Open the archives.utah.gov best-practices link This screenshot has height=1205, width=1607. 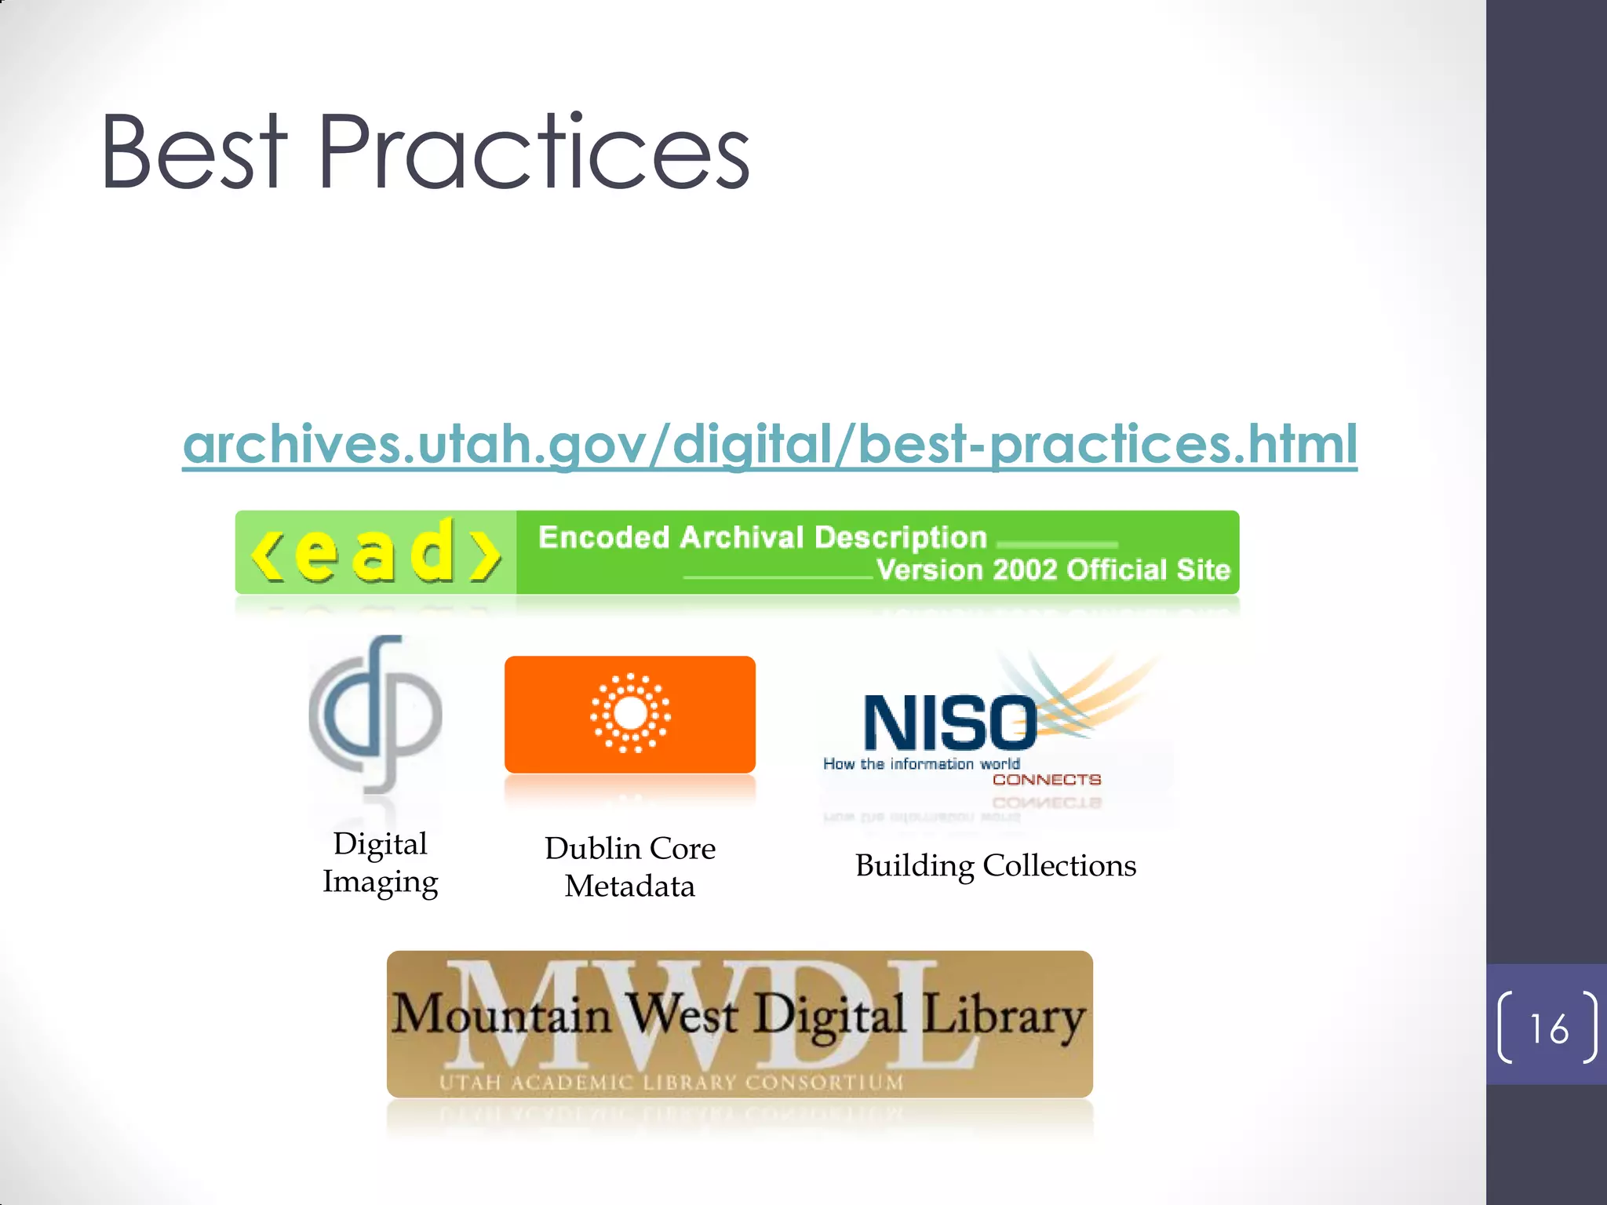770,444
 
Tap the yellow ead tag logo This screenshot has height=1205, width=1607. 376,552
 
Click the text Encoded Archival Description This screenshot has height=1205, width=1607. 762,537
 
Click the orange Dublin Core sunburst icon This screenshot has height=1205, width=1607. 630,713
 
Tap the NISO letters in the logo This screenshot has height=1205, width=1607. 949,723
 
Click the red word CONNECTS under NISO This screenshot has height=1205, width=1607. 1047,779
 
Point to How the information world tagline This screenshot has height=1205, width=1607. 921,763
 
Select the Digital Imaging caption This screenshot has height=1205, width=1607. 381,862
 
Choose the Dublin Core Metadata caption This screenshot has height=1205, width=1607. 630,867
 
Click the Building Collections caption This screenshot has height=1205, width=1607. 996,865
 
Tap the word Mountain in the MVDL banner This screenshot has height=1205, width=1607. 501,1014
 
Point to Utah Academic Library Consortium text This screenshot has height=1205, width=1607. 671,1083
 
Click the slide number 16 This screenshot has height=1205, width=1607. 1549,1028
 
